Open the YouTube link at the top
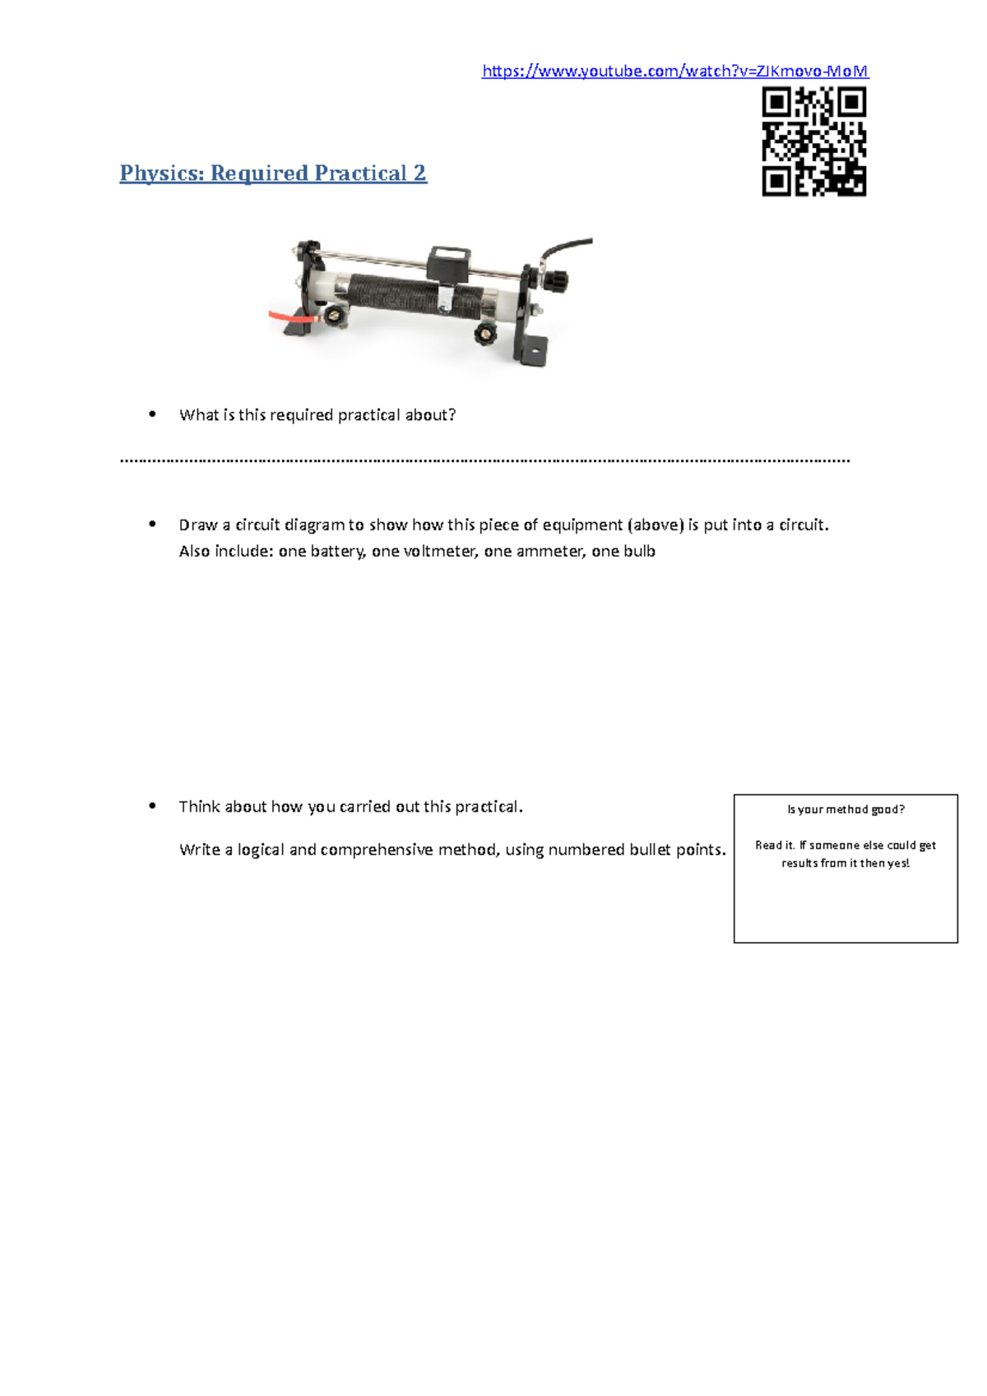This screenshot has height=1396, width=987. [x=674, y=72]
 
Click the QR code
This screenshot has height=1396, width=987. [x=813, y=141]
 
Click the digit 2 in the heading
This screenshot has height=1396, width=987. [x=419, y=173]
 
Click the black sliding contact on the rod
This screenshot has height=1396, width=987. [x=449, y=261]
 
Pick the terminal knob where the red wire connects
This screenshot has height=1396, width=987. [x=335, y=316]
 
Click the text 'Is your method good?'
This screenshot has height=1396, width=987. [x=846, y=810]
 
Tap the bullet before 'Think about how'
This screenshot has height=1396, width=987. [x=152, y=807]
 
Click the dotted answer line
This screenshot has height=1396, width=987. [x=485, y=461]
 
